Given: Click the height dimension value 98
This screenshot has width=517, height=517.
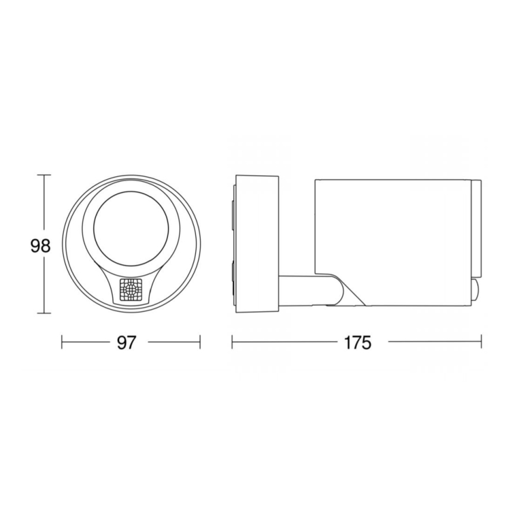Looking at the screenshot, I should coord(40,245).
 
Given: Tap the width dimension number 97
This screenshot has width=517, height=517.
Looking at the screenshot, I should coord(127,342).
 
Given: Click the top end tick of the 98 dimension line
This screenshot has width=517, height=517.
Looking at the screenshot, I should coord(43,175).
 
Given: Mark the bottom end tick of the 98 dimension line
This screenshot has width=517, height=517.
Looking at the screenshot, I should coord(43,313).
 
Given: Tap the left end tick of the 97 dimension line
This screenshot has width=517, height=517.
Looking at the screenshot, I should coord(63,342).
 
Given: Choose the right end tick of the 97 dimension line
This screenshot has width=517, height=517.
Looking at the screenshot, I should coord(200,342).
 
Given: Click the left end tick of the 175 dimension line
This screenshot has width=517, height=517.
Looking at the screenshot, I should coord(232,342).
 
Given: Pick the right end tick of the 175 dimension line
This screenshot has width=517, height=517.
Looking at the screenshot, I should coord(481,342).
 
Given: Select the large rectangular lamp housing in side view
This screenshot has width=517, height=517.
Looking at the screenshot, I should coord(393,238).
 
